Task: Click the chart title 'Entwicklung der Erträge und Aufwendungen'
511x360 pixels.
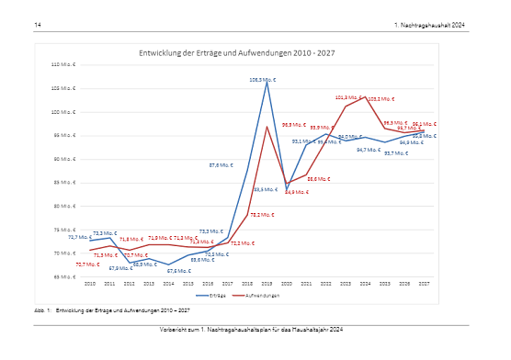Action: pos(236,54)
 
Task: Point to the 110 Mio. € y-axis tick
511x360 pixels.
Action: pos(63,65)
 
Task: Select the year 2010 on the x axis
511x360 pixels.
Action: pos(90,284)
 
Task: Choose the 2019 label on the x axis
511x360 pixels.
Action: pos(267,284)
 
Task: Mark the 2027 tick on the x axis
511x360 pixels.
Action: pos(424,284)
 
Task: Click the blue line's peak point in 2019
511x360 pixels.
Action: pos(267,82)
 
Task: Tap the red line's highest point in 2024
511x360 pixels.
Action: pos(365,96)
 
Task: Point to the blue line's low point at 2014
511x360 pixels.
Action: pos(168,264)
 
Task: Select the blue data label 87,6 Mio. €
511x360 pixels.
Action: pos(221,165)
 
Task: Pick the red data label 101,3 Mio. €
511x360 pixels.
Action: pos(346,97)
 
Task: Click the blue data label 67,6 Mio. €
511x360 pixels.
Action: pos(177,271)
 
